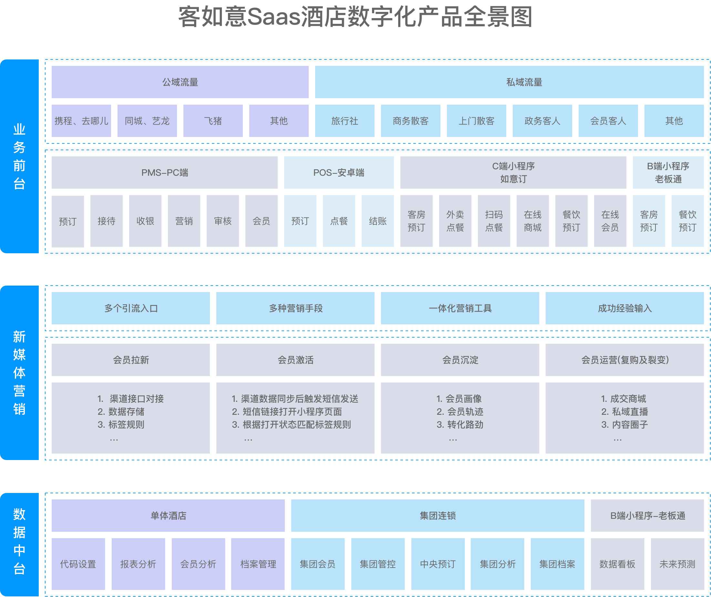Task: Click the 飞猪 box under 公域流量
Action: point(213,120)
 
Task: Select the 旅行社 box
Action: point(344,120)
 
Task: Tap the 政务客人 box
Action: point(542,120)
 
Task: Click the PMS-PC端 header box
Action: point(164,173)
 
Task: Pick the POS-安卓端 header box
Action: point(339,173)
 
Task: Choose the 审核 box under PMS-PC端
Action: point(222,221)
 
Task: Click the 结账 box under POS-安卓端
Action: point(377,221)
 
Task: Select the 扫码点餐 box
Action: point(494,221)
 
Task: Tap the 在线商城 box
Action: point(532,221)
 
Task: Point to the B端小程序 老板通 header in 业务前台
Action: point(668,173)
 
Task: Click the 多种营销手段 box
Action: point(295,308)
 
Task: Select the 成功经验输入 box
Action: point(624,308)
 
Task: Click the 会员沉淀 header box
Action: point(460,360)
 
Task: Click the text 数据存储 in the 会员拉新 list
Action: point(126,412)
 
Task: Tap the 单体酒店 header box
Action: point(168,516)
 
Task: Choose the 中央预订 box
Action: point(438,564)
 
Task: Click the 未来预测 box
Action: point(677,564)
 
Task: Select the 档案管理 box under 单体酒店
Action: point(258,564)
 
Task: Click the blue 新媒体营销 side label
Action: point(19,373)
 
